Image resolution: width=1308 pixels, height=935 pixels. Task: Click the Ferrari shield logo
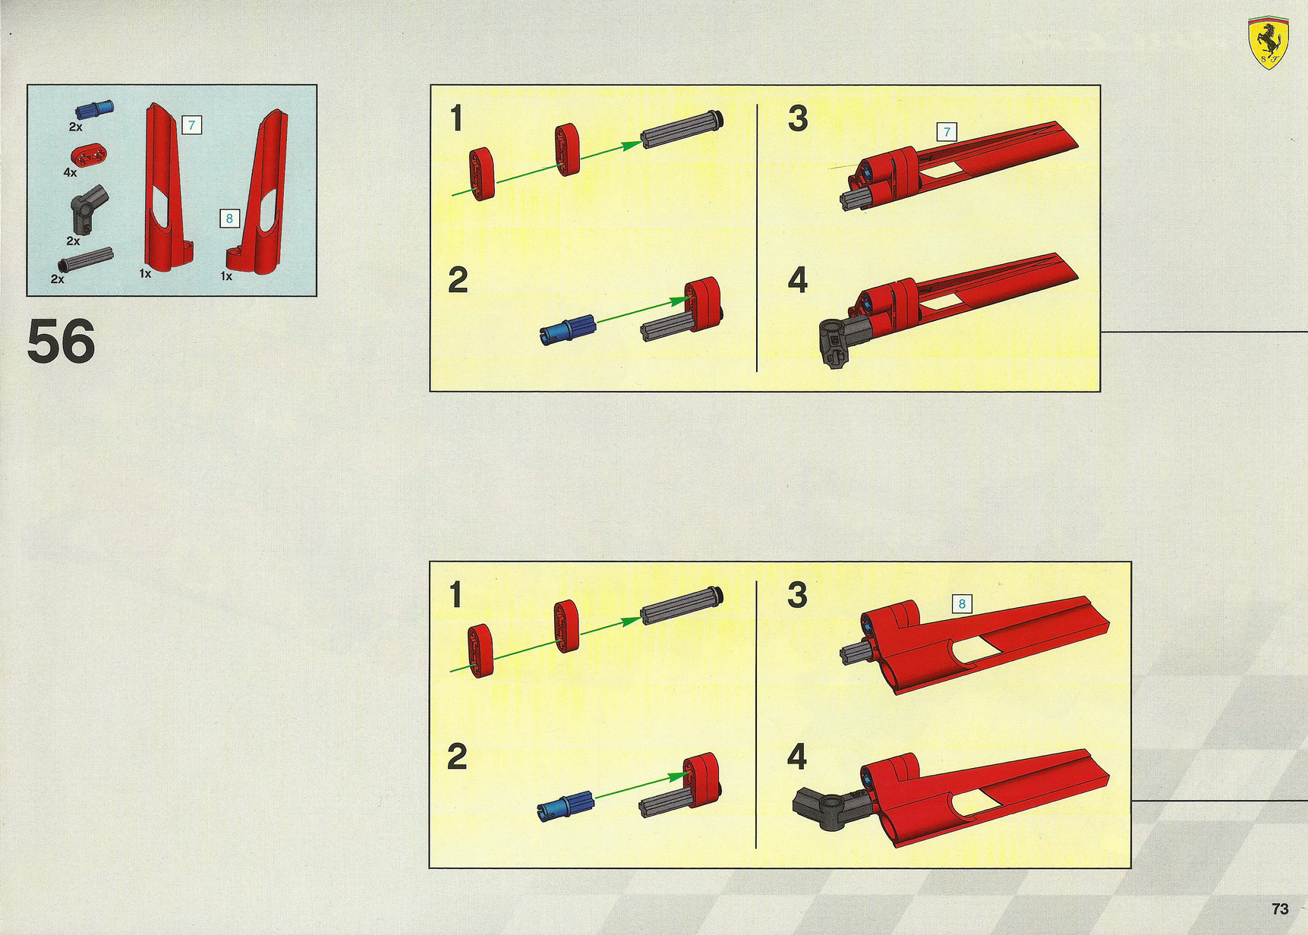coord(1268,42)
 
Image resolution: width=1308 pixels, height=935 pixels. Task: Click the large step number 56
coord(61,342)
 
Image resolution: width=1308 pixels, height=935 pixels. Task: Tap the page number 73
coord(1280,908)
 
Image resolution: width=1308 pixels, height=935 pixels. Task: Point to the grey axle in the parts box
coord(86,260)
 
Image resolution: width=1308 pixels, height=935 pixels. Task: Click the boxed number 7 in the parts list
coord(191,125)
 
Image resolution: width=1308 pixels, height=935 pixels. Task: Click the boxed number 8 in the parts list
coord(229,219)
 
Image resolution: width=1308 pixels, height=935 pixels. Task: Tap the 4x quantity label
coord(70,172)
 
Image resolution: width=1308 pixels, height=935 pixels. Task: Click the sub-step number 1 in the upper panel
coord(456,118)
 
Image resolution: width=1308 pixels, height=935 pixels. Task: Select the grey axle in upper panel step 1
coord(682,129)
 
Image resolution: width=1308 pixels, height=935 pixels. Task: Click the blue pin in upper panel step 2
coord(567,329)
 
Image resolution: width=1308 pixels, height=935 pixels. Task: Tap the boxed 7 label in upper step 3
coord(947,132)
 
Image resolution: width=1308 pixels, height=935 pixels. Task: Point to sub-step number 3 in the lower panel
coord(797,595)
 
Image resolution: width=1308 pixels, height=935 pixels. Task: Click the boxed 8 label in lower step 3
coord(962,604)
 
